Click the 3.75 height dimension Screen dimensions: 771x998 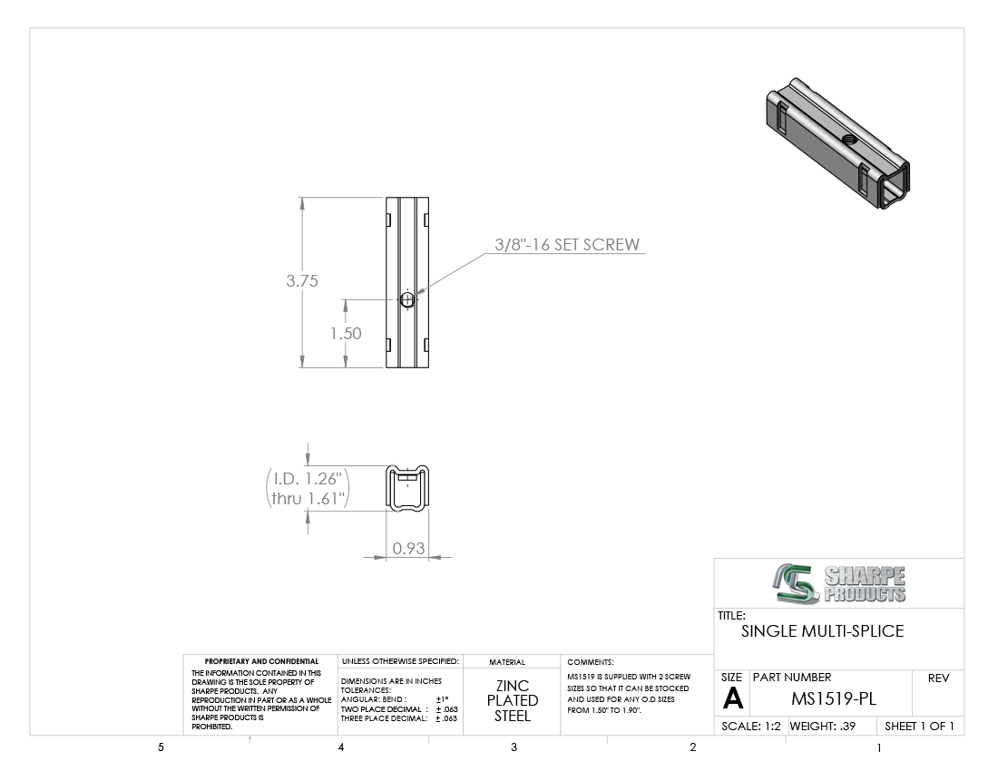302,281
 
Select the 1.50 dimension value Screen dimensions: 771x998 346,334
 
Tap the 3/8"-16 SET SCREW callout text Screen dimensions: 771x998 567,245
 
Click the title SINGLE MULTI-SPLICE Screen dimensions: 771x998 822,631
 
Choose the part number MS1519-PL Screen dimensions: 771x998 833,699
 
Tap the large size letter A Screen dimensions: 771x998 732,699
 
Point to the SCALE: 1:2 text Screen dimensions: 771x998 750,727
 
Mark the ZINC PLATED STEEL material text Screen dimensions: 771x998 513,701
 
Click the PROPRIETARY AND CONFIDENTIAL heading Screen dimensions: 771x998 261,662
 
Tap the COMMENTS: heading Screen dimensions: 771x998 591,662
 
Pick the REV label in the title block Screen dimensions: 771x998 938,678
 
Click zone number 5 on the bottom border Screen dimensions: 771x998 161,748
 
